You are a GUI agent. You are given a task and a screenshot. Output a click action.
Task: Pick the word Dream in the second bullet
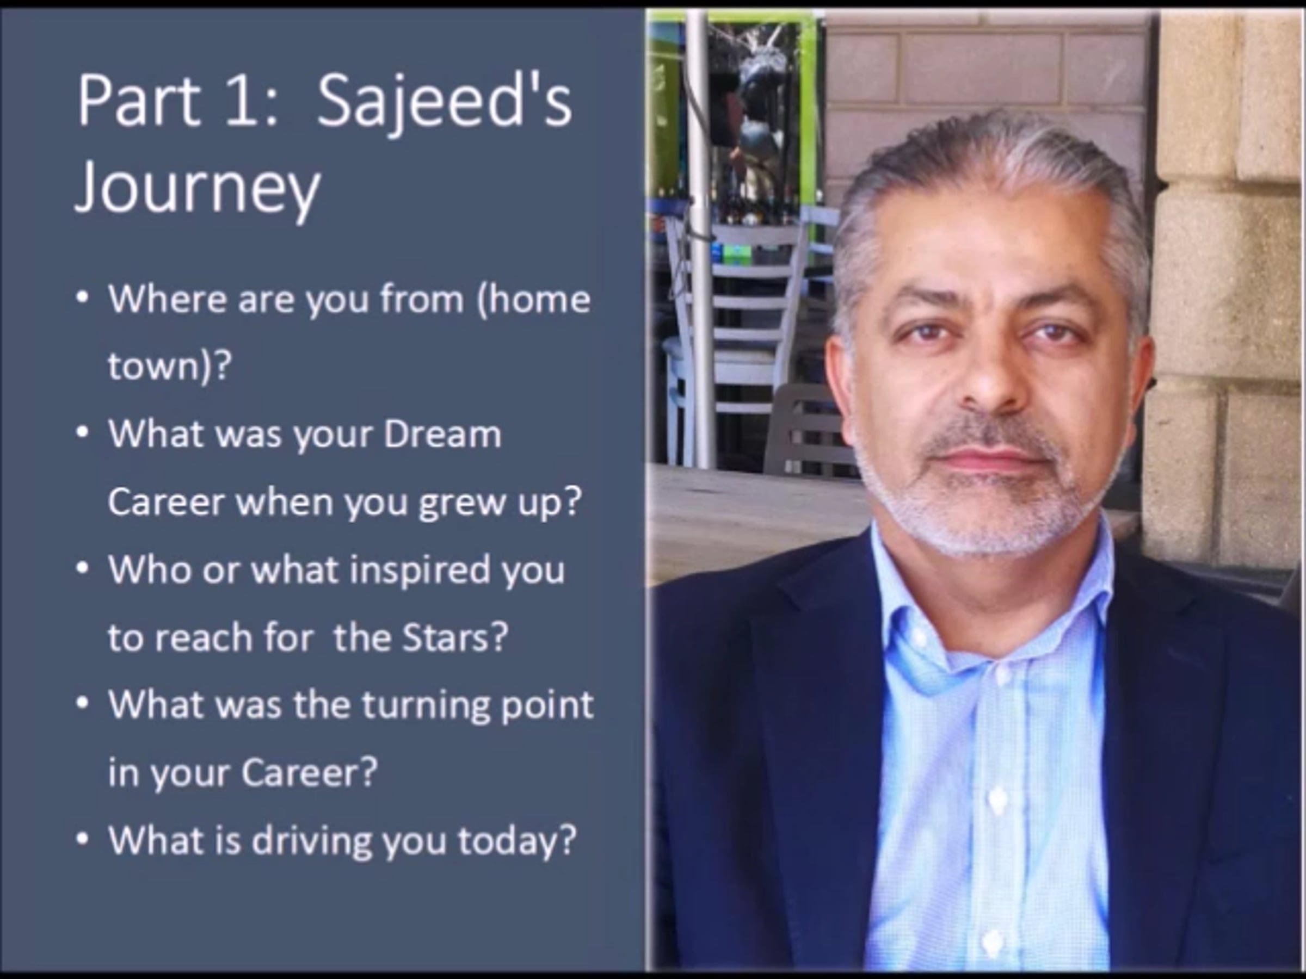[442, 435]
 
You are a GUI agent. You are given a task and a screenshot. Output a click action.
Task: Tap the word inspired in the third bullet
[420, 571]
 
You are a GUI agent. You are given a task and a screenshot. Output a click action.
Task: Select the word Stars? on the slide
[454, 637]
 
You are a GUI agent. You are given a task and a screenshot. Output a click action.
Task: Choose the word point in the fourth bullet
[547, 707]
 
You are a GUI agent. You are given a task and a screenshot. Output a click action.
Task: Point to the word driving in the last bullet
[313, 841]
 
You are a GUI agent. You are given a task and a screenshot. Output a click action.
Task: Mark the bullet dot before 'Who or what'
[83, 568]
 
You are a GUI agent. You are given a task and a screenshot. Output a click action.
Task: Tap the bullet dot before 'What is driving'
[83, 839]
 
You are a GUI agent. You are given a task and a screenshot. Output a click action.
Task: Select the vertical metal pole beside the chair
[699, 236]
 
